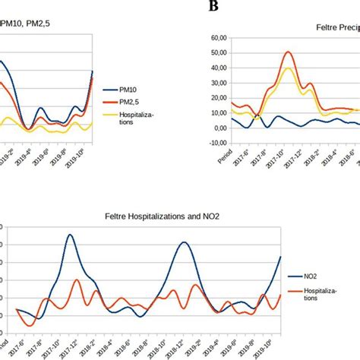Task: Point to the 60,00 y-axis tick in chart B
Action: click(217, 37)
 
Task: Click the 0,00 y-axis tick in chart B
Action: click(219, 128)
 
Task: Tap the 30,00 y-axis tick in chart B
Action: click(217, 83)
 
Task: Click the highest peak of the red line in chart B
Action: click(288, 52)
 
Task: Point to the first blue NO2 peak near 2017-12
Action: click(70, 235)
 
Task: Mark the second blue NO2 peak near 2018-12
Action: click(185, 242)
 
